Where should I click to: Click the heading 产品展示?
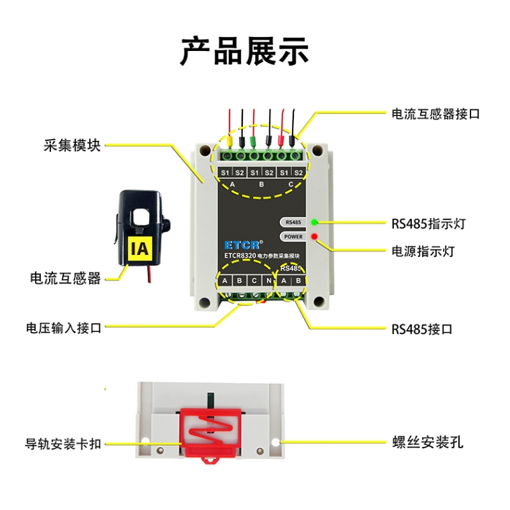tap(245, 51)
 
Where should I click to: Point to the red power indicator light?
tap(314, 237)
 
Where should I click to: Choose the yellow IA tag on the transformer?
tap(140, 250)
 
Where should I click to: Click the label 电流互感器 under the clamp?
tap(65, 278)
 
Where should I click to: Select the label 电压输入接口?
tap(63, 328)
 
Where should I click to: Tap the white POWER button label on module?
tap(293, 237)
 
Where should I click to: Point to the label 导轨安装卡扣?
tap(63, 444)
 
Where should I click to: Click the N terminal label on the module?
tap(268, 280)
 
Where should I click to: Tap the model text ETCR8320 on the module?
tap(240, 256)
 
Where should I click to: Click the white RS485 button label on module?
tap(293, 222)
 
